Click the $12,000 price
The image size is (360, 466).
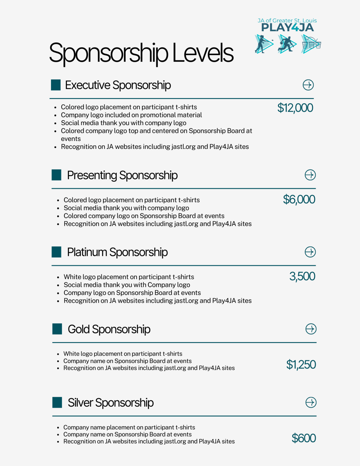pos(295,108)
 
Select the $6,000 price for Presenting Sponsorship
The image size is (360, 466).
pos(299,200)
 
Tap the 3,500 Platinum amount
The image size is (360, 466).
pos(302,276)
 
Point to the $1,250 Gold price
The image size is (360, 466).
pos(301,365)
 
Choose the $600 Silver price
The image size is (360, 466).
pos(304,438)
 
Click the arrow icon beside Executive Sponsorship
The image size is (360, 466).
pos(308,85)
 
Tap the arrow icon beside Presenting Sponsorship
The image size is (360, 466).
pos(310,175)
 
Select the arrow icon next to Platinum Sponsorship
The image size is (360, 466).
pos(310,252)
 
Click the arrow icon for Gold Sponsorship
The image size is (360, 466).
pos(311,329)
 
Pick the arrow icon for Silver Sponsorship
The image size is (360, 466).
pos(311,402)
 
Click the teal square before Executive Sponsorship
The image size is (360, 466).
pos(56,85)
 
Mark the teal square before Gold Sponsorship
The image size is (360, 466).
pos(57,329)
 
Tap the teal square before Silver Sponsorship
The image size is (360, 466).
pos(57,402)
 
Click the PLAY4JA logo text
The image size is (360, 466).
pos(287,28)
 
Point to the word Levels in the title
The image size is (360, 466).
pos(203,53)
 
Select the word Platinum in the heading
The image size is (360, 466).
pos(87,252)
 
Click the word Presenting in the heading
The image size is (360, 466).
pos(92,175)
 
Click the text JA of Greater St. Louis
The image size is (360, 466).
pos(287,20)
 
